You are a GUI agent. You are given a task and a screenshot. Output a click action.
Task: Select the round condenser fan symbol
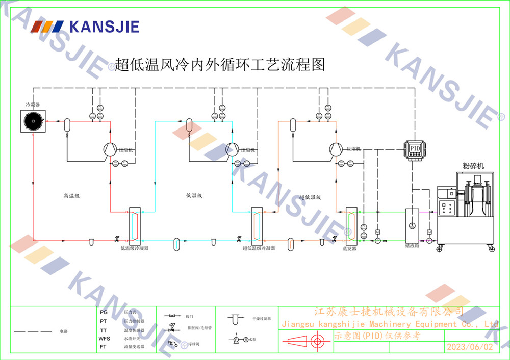pyautogui.click(x=33, y=121)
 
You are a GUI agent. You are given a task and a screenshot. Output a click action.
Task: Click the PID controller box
pyautogui.click(x=416, y=148)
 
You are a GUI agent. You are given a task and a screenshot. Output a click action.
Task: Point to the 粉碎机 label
pyautogui.click(x=473, y=165)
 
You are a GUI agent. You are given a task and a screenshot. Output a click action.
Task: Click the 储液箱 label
pyautogui.click(x=412, y=246)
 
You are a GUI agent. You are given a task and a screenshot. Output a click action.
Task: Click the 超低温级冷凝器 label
pyautogui.click(x=259, y=248)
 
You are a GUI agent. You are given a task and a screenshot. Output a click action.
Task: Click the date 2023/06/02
pyautogui.click(x=470, y=347)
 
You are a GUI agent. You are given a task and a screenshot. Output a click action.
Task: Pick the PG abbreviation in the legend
pyautogui.click(x=104, y=312)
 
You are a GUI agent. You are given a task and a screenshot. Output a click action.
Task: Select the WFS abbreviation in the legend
pyautogui.click(x=105, y=338)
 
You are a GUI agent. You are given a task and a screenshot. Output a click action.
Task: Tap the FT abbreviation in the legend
pyautogui.click(x=104, y=347)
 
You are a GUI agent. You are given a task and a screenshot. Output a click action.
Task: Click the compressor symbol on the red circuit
pyautogui.click(x=109, y=148)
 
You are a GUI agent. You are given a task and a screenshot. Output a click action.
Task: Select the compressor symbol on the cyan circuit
pyautogui.click(x=233, y=148)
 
